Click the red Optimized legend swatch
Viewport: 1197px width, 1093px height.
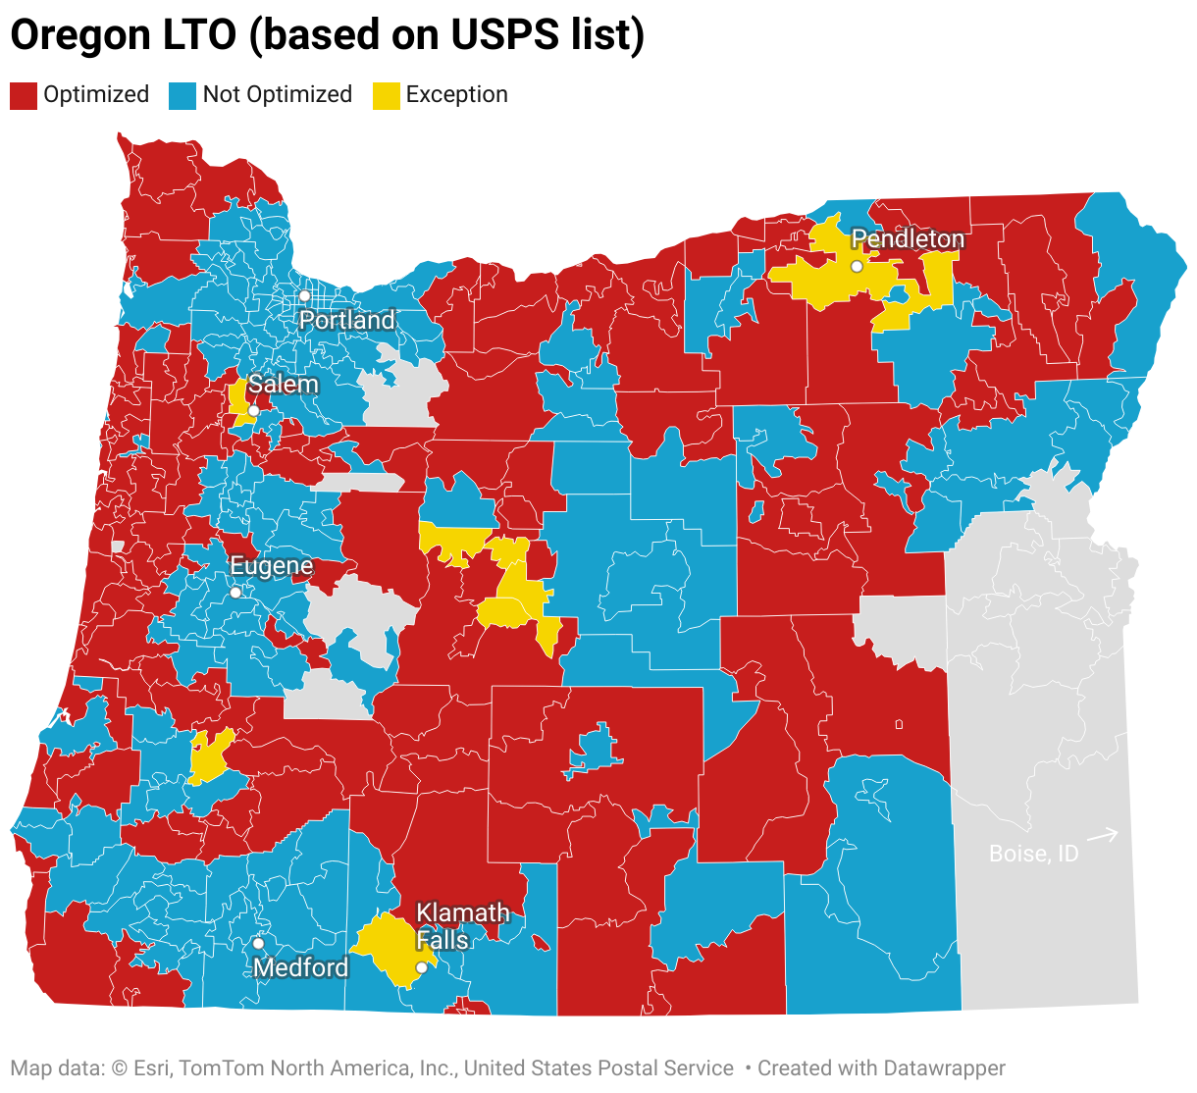(24, 95)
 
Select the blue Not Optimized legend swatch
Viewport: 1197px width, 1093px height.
(182, 95)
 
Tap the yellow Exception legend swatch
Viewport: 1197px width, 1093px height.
(387, 95)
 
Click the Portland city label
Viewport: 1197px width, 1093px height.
(347, 321)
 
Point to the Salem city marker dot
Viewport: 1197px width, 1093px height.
(253, 411)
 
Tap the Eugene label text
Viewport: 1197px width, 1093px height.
(272, 566)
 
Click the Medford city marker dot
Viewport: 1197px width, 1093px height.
(258, 943)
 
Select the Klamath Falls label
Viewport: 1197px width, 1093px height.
(462, 926)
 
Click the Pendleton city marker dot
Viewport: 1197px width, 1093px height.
(857, 266)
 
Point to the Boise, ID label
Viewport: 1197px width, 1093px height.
(1033, 854)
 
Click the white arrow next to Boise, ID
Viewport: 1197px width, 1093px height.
(1104, 835)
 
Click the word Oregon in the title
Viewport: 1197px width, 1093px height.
(75, 35)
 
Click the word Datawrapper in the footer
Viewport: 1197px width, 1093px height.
(944, 1068)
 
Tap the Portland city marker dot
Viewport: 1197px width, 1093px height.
(305, 295)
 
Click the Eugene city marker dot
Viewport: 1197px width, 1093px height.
(235, 593)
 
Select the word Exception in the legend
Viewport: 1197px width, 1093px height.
(457, 95)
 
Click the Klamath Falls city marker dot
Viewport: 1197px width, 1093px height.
(421, 967)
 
